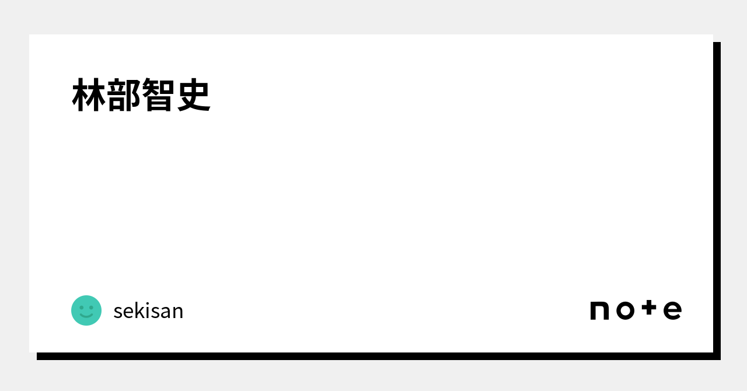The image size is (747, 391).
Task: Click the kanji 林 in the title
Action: tap(89, 95)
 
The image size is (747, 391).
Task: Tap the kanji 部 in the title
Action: tap(124, 95)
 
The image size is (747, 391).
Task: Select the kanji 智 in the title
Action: tap(158, 95)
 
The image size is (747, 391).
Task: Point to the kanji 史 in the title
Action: tap(193, 95)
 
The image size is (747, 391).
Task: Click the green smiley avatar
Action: tap(86, 310)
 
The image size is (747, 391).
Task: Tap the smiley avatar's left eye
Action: tap(81, 307)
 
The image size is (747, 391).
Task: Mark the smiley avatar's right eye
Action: tap(92, 307)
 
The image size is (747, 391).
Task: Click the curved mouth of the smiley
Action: tap(86, 315)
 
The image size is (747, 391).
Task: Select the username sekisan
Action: tap(148, 311)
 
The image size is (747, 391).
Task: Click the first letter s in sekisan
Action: tap(118, 312)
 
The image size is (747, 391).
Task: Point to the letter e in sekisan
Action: tap(130, 312)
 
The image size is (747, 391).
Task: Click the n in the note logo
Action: tap(599, 310)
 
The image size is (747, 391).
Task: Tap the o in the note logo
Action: tap(625, 310)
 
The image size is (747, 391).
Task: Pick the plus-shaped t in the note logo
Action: tap(649, 308)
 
